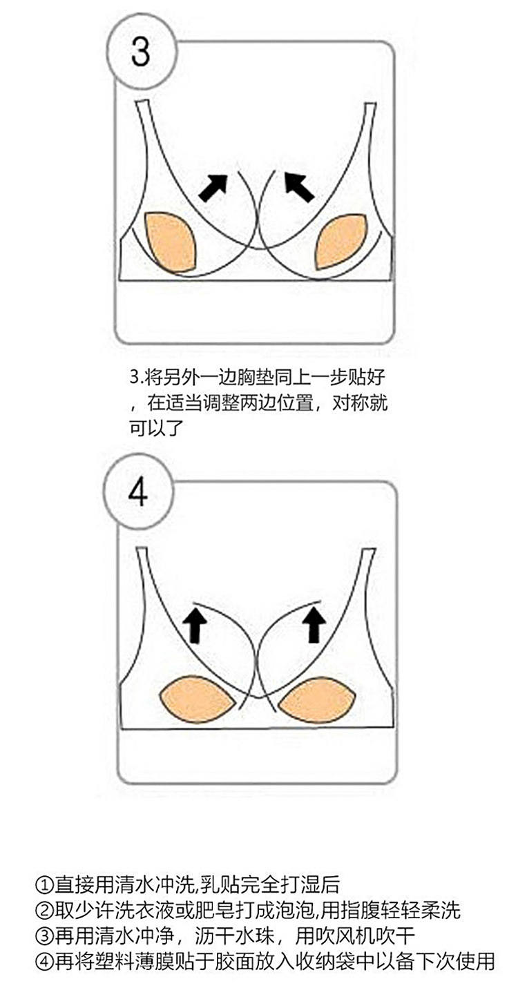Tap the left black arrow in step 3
pyautogui.click(x=213, y=187)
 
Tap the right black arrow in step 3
pyautogui.click(x=299, y=186)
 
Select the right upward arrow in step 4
pyautogui.click(x=314, y=623)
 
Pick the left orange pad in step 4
pyautogui.click(x=198, y=699)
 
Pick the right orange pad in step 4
pyautogui.click(x=317, y=698)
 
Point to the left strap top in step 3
pyautogui.click(x=142, y=104)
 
